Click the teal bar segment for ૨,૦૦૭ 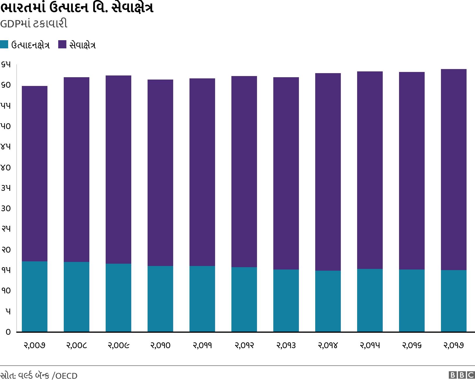35,296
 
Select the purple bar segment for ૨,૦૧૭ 453,170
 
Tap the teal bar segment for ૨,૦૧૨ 244,299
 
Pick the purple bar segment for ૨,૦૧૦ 160,172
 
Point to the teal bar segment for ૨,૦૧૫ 370,300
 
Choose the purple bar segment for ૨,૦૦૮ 77,170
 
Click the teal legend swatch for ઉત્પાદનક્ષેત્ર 4,45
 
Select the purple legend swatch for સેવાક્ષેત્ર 62,45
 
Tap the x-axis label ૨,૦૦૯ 118,346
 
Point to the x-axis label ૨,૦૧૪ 328,346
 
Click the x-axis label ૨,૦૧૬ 412,346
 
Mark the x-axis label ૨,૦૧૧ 202,346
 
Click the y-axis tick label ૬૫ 6,65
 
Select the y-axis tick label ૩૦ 6,209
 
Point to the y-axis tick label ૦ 8,332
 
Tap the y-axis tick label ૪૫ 6,147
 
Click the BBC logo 462,375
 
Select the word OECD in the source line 66,376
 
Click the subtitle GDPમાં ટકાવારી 34,24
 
